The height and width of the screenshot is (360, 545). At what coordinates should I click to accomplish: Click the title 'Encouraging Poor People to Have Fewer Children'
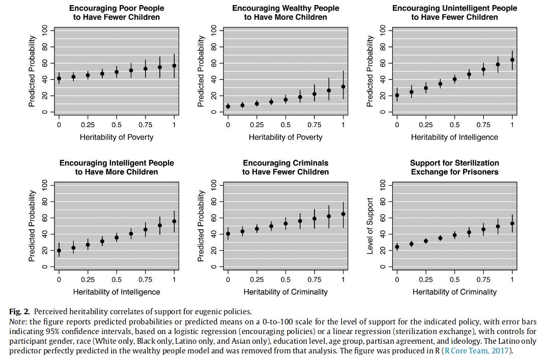[x=117, y=13]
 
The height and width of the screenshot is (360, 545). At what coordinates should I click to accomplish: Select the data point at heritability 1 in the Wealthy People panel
[x=343, y=86]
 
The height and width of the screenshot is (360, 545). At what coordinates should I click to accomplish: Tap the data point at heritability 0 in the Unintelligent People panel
[x=397, y=95]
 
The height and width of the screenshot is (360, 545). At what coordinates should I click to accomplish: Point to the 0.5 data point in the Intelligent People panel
[x=117, y=237]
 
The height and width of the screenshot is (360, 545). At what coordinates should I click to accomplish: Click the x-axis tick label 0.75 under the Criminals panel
[x=314, y=280]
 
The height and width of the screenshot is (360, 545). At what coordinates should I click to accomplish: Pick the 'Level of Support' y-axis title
[x=370, y=226]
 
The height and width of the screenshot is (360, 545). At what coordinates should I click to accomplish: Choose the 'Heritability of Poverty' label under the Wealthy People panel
[x=285, y=137]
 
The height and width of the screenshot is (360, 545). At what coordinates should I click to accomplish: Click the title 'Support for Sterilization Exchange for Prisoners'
[x=454, y=167]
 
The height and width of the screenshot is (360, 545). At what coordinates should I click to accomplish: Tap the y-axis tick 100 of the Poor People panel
[x=45, y=31]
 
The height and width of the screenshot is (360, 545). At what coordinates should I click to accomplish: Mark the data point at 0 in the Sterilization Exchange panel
[x=397, y=247]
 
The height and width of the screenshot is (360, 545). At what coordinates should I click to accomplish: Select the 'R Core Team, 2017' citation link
[x=477, y=351]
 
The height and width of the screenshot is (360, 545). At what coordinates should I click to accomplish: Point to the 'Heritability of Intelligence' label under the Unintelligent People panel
[x=454, y=137]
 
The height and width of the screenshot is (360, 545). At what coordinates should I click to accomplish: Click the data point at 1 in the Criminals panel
[x=343, y=214]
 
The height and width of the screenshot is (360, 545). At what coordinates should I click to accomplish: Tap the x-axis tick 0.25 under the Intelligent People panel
[x=88, y=280]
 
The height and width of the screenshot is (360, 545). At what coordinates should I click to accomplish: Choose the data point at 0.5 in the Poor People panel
[x=117, y=72]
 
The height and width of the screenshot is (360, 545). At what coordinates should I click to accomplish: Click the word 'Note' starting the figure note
[x=18, y=322]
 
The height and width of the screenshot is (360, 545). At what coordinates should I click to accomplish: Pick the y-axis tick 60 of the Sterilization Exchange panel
[x=383, y=218]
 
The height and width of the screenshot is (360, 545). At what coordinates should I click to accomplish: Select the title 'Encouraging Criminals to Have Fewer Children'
[x=285, y=167]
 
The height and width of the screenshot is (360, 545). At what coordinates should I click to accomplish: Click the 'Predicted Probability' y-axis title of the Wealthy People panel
[x=202, y=71]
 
